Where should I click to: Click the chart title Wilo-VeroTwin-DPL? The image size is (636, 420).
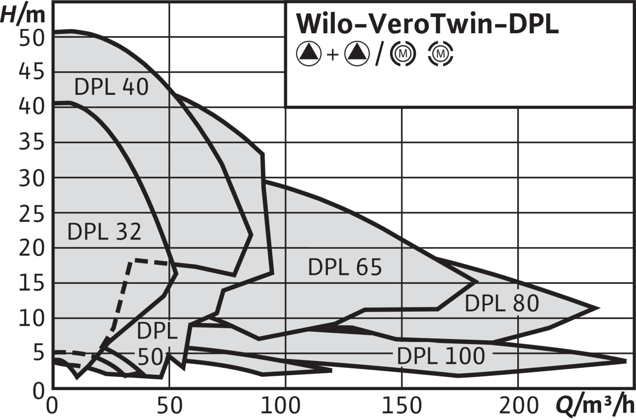coord(427,24)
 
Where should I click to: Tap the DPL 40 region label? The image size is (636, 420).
coord(111,87)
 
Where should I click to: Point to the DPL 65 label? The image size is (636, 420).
coord(345,267)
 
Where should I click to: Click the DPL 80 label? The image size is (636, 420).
coord(502,304)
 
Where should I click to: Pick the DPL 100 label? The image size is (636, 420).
coord(441,356)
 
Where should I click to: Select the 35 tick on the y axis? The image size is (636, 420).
coord(32,142)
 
